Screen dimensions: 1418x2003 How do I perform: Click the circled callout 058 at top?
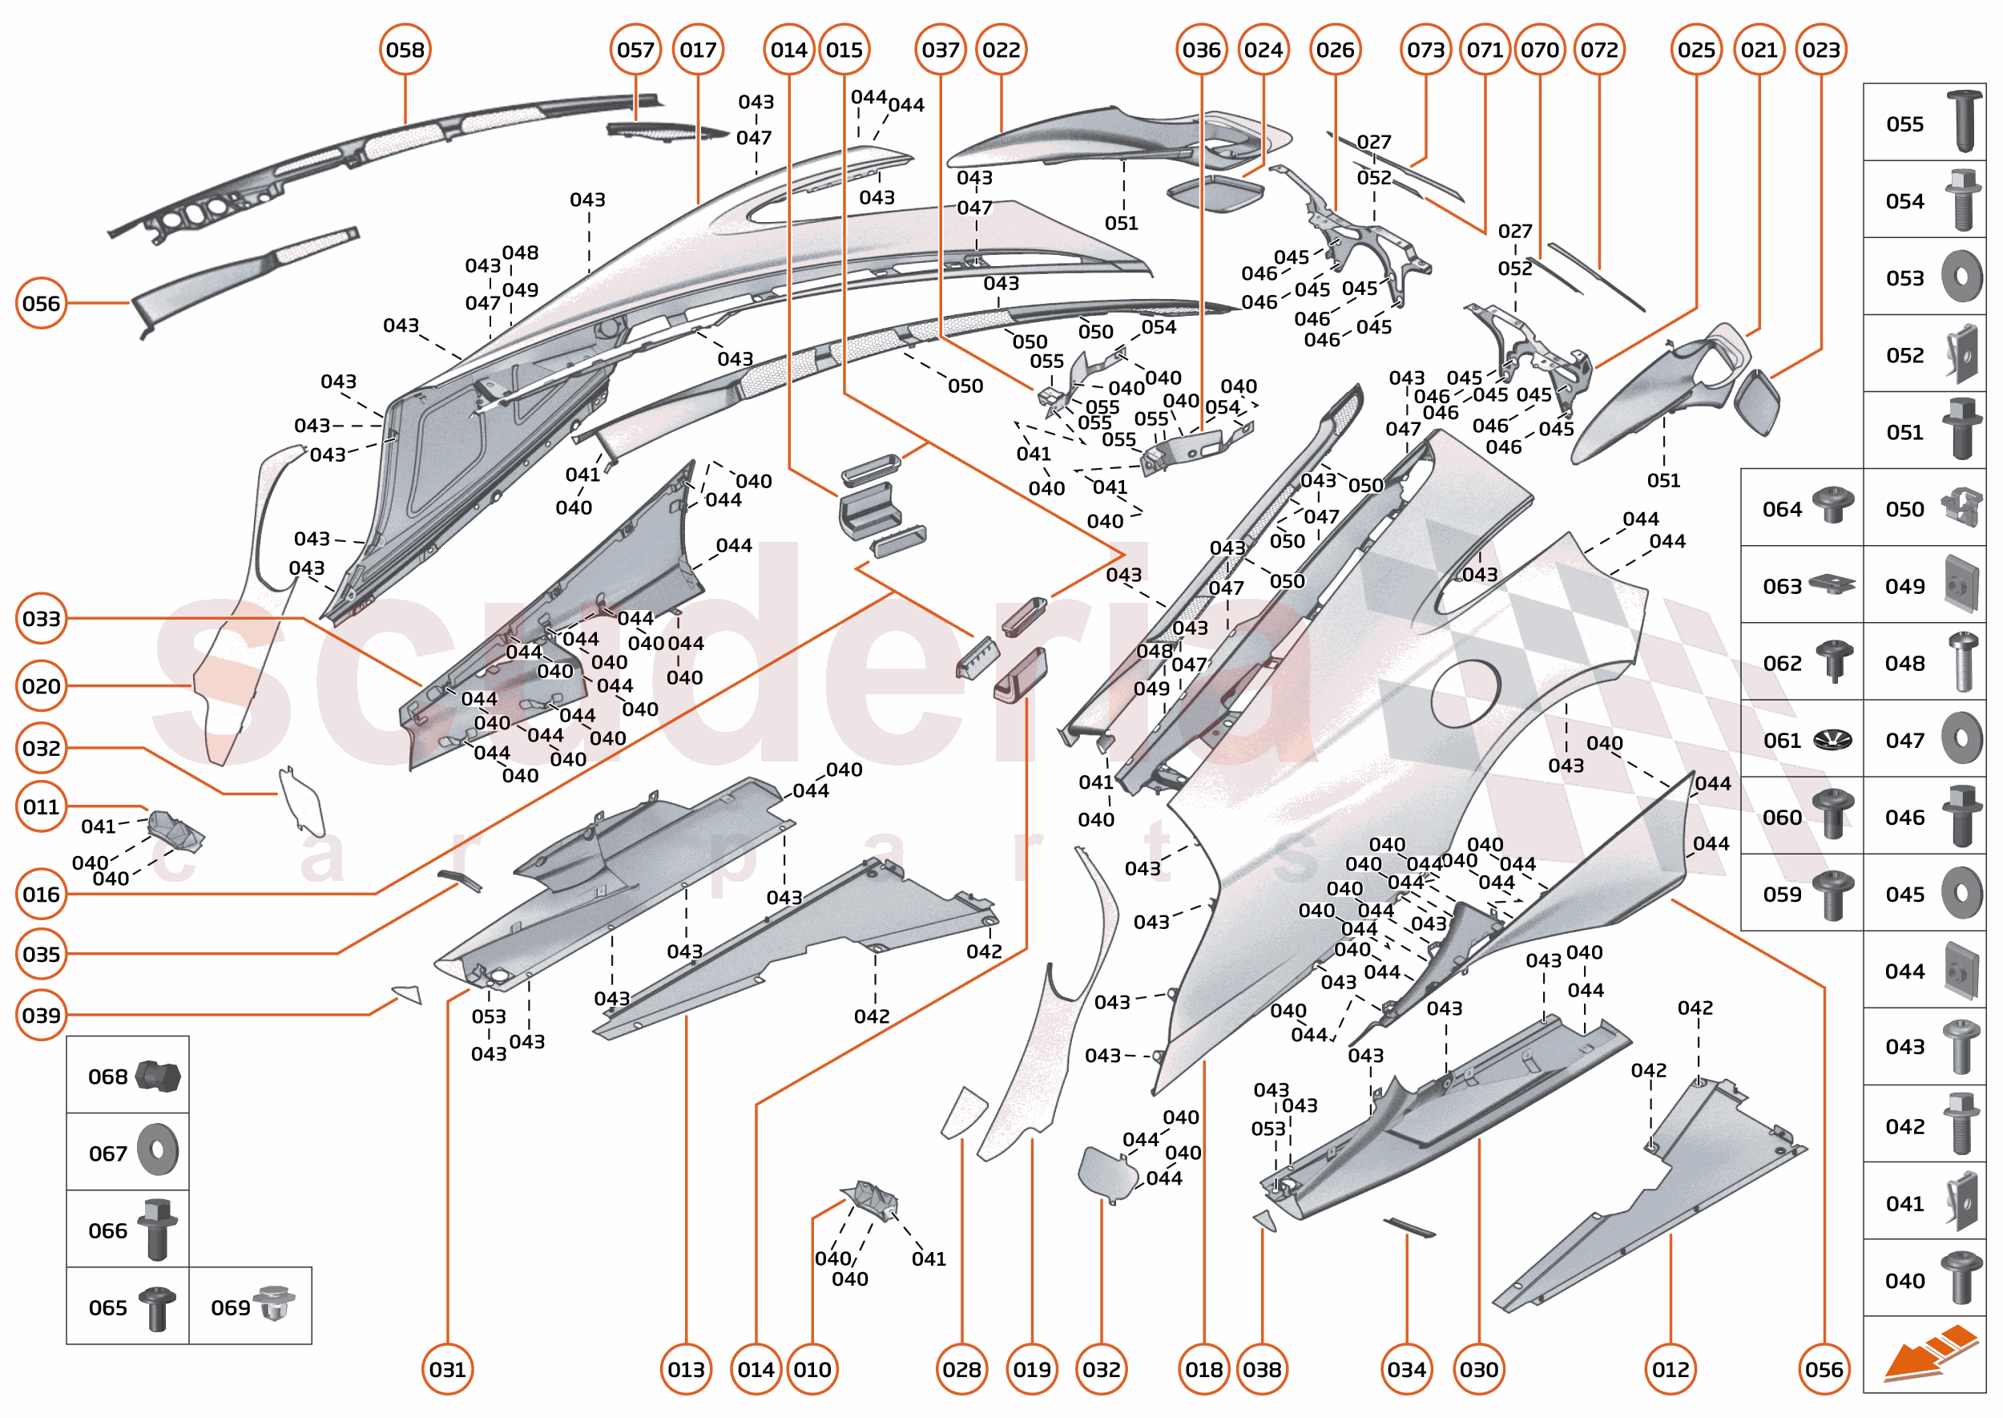coord(405,50)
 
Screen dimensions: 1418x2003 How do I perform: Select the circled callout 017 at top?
coord(697,50)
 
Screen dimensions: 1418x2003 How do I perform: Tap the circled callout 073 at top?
coord(1425,50)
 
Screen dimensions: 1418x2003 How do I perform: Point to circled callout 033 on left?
coord(41,619)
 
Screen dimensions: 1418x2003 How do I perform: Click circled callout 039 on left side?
coord(41,1016)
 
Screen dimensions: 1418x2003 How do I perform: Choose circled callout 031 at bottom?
coord(447,1369)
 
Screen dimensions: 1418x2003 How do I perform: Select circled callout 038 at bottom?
coord(1262,1369)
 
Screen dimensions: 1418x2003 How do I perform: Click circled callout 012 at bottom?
coord(1671,1369)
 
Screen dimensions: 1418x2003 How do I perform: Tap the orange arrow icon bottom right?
coord(1928,1354)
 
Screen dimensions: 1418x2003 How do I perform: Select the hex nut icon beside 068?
coord(158,1077)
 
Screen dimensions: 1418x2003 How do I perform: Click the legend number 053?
coord(1904,278)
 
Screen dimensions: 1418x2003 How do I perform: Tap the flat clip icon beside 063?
coord(1832,584)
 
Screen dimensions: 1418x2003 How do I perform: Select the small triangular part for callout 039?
coord(408,994)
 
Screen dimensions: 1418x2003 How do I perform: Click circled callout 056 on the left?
coord(41,303)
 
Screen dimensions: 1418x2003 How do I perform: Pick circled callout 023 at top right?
coord(1820,50)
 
